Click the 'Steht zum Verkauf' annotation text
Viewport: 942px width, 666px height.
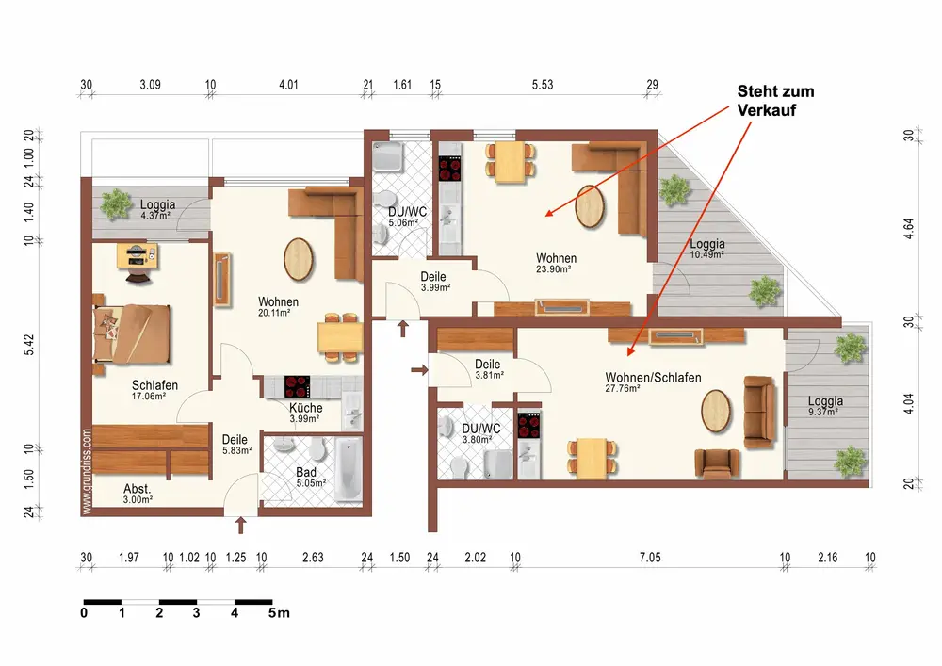click(x=775, y=101)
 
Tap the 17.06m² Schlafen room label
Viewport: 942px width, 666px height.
click(x=154, y=390)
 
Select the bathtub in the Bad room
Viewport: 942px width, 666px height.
click(x=348, y=470)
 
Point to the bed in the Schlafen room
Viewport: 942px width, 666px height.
click(x=132, y=333)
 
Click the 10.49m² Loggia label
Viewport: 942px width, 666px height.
click(x=707, y=248)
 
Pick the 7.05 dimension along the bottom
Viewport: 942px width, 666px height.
click(x=650, y=558)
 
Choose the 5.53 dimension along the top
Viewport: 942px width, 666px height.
click(x=543, y=85)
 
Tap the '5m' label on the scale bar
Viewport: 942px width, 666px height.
click(x=279, y=613)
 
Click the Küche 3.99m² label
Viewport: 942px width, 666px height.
click(x=305, y=413)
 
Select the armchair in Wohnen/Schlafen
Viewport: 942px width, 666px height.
click(x=717, y=463)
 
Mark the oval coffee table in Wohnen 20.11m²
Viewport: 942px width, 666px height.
click(x=298, y=259)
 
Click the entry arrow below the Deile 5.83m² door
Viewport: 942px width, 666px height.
click(x=241, y=525)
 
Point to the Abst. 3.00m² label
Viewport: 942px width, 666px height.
click(x=138, y=493)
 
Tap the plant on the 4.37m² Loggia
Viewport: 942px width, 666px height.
click(x=115, y=204)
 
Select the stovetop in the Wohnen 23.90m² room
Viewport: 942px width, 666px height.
click(x=450, y=169)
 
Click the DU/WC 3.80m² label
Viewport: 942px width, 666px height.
click(x=480, y=433)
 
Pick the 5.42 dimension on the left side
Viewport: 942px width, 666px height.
click(x=29, y=345)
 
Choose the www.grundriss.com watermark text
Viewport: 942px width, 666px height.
click(x=87, y=471)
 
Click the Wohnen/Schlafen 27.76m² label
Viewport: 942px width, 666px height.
click(x=653, y=382)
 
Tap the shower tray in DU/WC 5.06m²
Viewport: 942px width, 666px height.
click(x=388, y=157)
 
